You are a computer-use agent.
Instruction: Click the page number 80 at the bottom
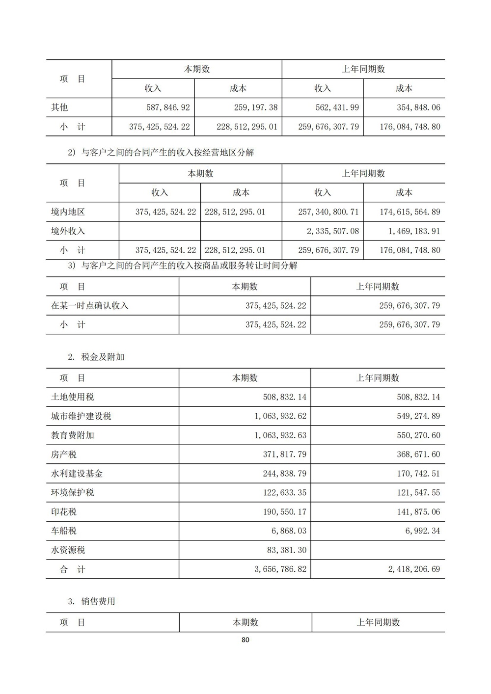coord(245,640)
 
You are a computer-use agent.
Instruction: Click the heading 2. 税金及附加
coord(96,357)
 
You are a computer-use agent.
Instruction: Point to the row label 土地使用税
coord(72,397)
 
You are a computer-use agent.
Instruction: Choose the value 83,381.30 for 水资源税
coord(286,550)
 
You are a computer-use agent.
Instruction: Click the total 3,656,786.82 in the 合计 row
coord(280,569)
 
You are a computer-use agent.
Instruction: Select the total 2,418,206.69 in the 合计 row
coord(414,569)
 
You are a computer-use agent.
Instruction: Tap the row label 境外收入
coord(68,231)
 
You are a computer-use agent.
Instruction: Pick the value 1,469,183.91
coord(410,231)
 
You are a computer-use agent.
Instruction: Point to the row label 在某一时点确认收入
coord(89,306)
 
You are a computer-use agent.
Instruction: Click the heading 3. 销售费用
coord(92,601)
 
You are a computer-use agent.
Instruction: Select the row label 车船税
coord(64,531)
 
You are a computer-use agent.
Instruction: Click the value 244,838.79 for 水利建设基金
coord(284,474)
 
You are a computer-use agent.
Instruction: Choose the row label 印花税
coord(64,512)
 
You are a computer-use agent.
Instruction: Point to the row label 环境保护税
coord(72,493)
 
